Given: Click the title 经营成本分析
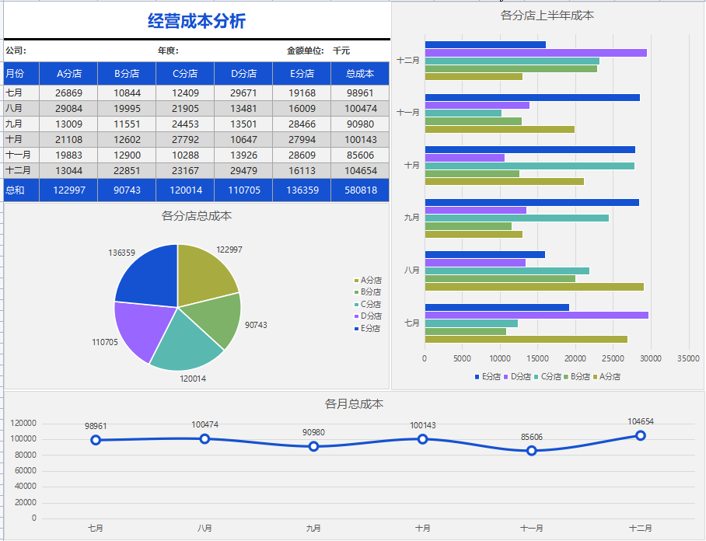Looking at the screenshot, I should click(x=197, y=21).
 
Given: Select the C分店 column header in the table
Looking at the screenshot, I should click(x=185, y=74).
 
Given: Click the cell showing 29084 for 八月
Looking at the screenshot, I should click(x=68, y=108).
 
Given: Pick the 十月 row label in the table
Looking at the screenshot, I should click(x=15, y=139).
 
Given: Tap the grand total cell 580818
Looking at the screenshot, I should click(x=360, y=190).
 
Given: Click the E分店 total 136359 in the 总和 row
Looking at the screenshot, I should click(x=302, y=190).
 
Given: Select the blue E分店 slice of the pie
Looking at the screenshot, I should click(x=148, y=273).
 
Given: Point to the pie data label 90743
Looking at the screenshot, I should click(x=256, y=325).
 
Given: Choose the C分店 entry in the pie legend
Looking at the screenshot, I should click(x=371, y=304).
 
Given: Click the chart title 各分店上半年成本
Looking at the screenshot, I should click(x=548, y=15).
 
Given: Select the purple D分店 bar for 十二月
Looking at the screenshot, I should click(x=536, y=53).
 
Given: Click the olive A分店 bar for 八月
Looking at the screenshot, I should click(x=534, y=287).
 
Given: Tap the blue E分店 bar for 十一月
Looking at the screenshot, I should click(x=533, y=97).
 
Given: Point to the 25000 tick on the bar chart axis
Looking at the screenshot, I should click(x=613, y=358).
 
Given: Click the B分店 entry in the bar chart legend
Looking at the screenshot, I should click(x=577, y=376).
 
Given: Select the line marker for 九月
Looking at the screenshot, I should click(x=313, y=446).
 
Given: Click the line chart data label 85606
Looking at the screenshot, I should click(x=532, y=437).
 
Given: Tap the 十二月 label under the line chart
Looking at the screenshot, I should click(x=641, y=528).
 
